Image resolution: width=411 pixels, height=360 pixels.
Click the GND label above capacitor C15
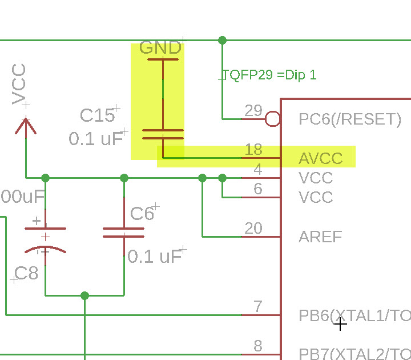coord(160,47)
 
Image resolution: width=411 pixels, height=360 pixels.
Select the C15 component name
coord(97,116)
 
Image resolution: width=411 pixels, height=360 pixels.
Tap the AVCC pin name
coord(320,158)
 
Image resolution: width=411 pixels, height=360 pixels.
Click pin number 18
coord(253,150)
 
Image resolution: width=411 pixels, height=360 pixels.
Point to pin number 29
coord(253,110)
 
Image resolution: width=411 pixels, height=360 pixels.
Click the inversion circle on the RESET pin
coord(273,119)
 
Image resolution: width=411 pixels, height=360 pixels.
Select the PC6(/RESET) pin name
coord(350,119)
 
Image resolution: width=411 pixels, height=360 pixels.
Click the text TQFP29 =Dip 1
coord(269,75)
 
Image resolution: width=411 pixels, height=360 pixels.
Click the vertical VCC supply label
coord(19,85)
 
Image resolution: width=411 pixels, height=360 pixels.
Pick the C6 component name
coord(142,214)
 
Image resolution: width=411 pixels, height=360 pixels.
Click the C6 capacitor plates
coord(124,232)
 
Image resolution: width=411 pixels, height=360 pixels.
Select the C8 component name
coord(26,273)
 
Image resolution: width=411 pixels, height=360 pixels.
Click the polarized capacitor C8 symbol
coord(45,239)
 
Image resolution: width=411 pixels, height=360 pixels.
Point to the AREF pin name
coord(320,237)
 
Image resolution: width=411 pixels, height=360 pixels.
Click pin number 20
coord(253,228)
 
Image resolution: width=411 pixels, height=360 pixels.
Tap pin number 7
coord(258,307)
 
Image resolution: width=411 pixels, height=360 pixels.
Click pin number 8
coord(258,346)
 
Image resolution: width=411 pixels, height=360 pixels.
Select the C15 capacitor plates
coord(163,134)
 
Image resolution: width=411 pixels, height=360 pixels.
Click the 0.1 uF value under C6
coord(155,257)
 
